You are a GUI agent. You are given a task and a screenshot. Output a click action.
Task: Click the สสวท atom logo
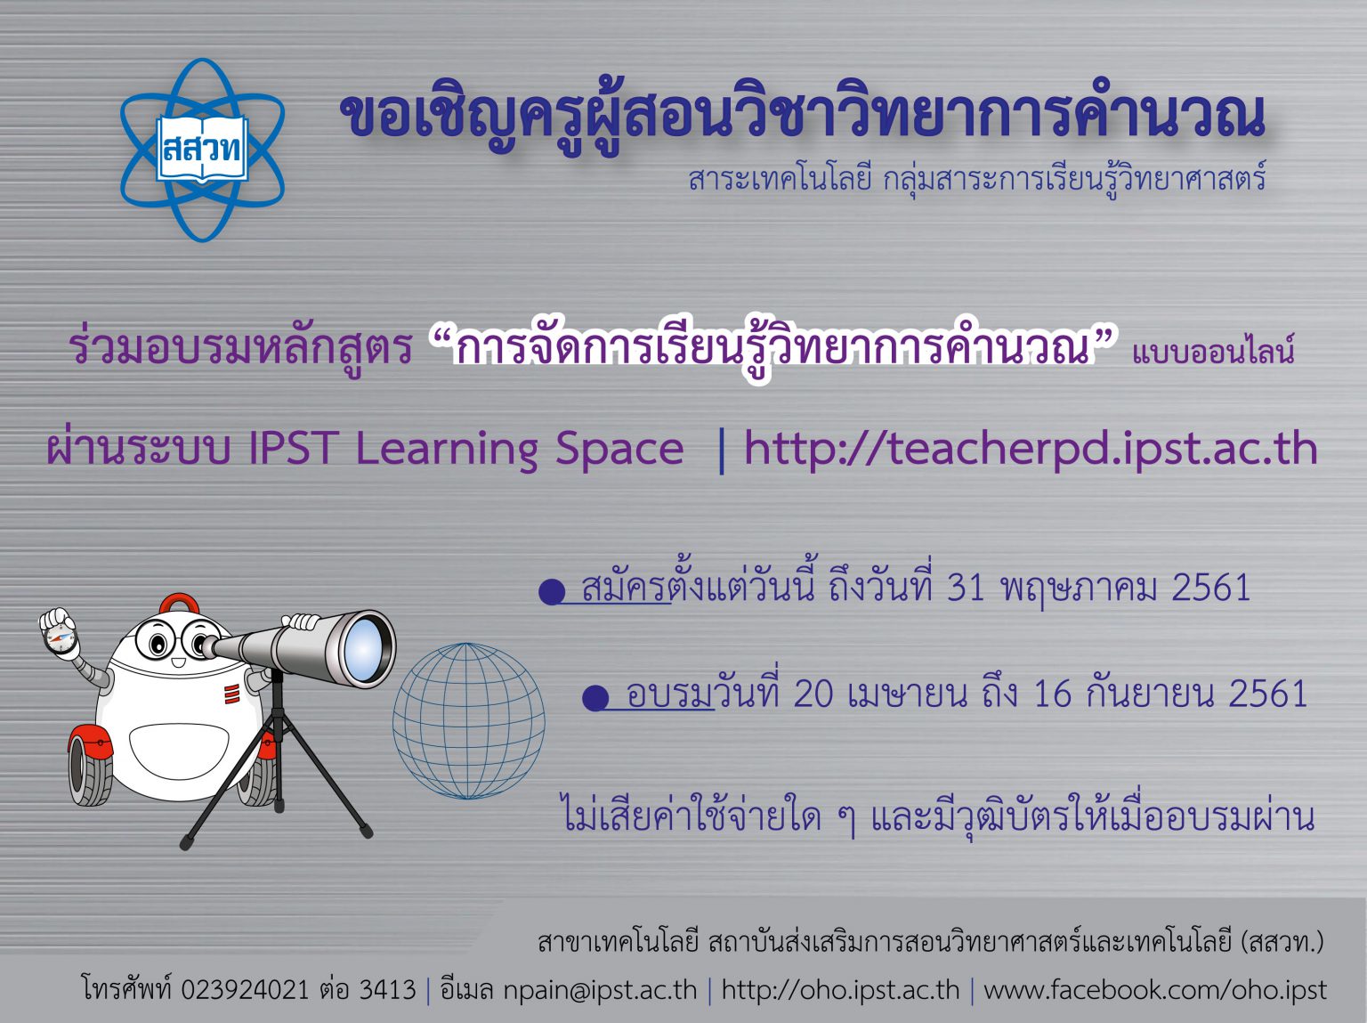click(x=202, y=150)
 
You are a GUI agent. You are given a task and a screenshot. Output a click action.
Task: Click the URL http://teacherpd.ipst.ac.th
click(x=1031, y=449)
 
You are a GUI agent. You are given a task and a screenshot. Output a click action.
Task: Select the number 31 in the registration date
click(x=965, y=589)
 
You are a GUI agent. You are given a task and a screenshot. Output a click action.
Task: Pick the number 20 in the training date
click(x=814, y=694)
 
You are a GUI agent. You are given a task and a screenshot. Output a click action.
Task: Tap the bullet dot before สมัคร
click(x=552, y=591)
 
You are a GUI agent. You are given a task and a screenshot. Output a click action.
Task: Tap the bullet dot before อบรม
click(x=595, y=698)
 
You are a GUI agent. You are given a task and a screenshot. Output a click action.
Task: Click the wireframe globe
click(x=469, y=720)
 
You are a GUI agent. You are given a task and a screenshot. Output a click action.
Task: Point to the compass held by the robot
click(x=60, y=636)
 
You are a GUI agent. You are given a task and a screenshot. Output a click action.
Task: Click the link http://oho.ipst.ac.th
click(x=840, y=990)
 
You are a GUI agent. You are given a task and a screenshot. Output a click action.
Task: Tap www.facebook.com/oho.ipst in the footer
click(x=1154, y=990)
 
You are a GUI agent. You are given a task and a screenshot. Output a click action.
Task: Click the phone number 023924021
click(x=245, y=990)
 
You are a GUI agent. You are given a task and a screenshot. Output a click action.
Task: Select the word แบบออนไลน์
click(x=1212, y=352)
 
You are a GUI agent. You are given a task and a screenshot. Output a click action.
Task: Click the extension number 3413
click(x=387, y=990)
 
